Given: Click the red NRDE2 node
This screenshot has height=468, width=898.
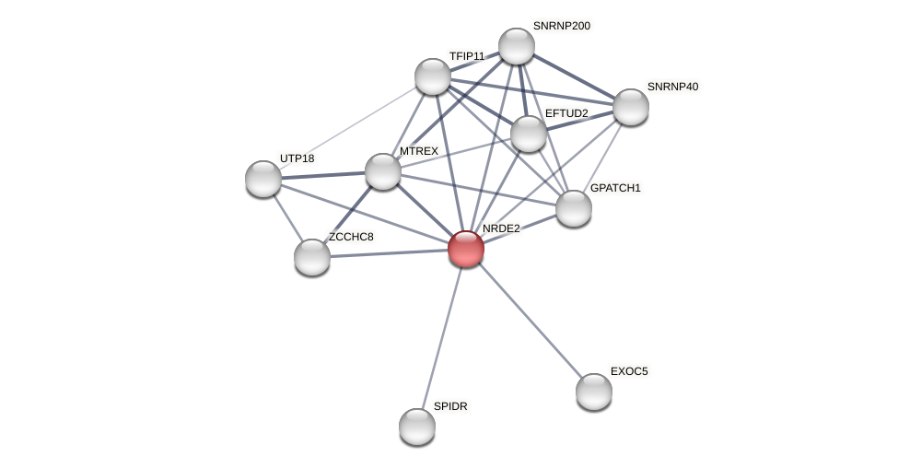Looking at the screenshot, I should point(465,249).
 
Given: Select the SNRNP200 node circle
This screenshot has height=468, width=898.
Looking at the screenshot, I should point(516,46).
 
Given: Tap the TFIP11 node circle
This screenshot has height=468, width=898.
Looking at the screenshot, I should point(432,76).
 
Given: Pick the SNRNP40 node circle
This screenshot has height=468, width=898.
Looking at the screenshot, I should point(630,107).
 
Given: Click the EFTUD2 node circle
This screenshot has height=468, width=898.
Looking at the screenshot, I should point(528,134).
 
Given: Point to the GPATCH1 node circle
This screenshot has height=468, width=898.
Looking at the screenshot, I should point(573,208).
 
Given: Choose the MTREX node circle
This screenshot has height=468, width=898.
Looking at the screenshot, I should point(382,171).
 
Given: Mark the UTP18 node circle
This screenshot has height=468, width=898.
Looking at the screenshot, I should point(262,179).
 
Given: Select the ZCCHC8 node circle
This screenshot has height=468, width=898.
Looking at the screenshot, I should point(311,257).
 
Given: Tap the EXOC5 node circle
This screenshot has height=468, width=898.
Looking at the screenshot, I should point(593,392).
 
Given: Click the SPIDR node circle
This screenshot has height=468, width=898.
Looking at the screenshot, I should point(416,427).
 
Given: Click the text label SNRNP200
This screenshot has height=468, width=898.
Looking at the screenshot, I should point(561,26).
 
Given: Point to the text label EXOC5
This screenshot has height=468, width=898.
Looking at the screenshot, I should point(629,371).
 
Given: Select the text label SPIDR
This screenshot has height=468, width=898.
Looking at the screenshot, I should point(450,406).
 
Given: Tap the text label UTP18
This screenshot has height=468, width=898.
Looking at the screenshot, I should point(297,158).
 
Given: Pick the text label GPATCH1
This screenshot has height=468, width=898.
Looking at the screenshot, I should point(615,188).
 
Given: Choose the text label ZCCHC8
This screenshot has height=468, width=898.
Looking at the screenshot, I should point(351,237).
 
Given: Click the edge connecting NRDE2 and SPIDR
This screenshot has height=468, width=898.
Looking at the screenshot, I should point(441,337).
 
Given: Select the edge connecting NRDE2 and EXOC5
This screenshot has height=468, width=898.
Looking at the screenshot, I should point(530,321).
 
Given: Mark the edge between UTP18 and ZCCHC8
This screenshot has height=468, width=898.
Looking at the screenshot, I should point(286,217).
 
